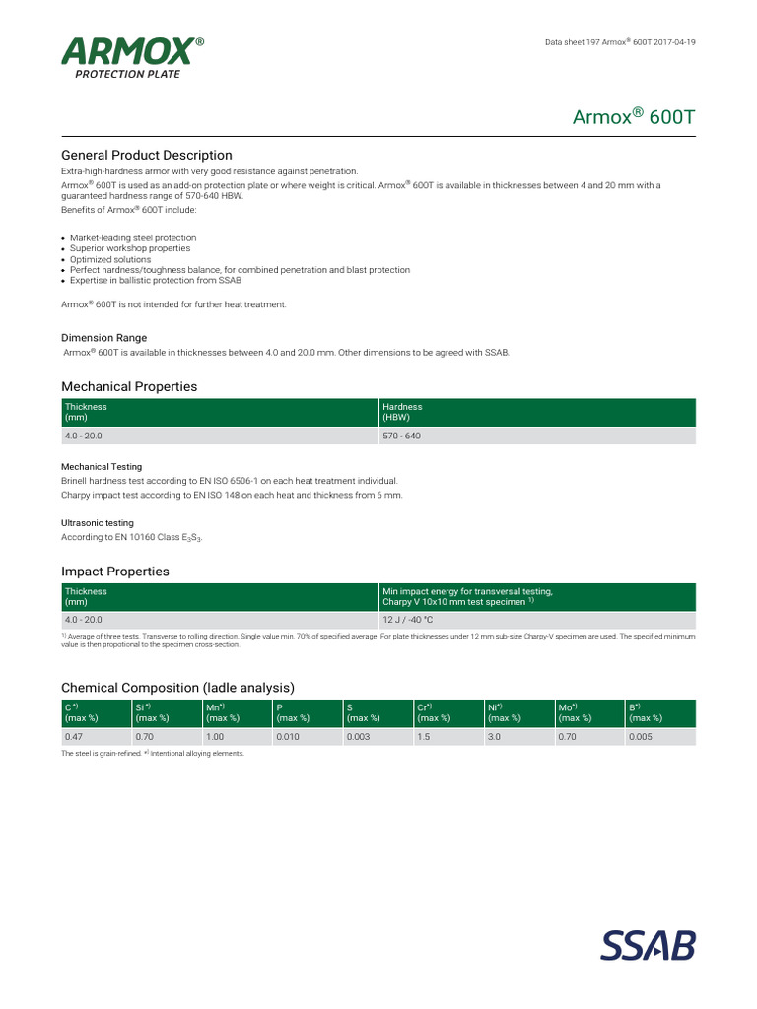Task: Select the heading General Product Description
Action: (147, 155)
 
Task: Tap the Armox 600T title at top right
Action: (634, 117)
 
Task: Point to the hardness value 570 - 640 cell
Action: (401, 436)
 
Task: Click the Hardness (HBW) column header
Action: (403, 412)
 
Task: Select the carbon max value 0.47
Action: (73, 736)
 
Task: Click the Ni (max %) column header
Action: (505, 712)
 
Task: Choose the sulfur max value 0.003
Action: (358, 736)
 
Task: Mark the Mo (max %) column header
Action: (577, 712)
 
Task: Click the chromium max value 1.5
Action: (425, 736)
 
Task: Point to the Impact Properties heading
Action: (115, 572)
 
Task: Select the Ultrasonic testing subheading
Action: (98, 522)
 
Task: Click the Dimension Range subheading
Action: (103, 338)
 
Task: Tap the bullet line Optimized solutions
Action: (111, 259)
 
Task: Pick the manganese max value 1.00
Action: (216, 736)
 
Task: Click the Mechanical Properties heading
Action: (129, 386)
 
